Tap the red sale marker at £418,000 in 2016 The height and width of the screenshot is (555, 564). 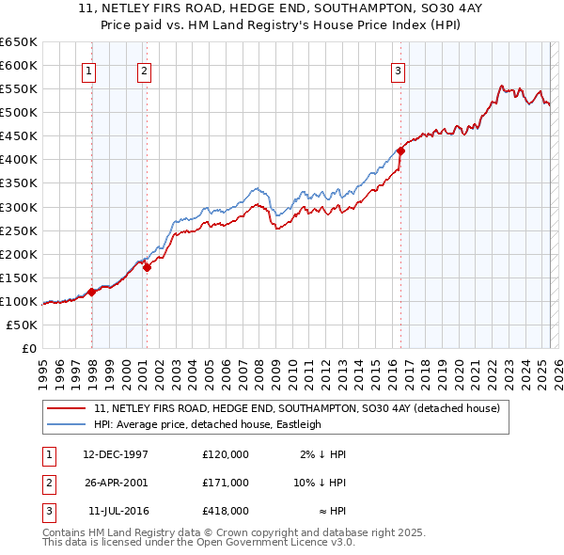(400, 150)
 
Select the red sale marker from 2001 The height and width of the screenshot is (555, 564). (148, 267)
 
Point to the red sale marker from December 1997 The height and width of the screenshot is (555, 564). (91, 292)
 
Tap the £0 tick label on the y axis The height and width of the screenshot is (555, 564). (28, 348)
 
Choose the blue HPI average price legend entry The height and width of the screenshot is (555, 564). (207, 424)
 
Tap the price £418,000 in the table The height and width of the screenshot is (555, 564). (226, 511)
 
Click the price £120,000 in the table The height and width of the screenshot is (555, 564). (226, 454)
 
